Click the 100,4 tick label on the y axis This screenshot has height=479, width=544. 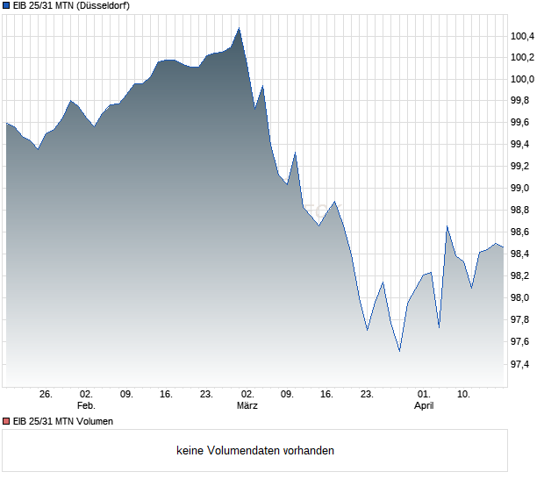(x=523, y=36)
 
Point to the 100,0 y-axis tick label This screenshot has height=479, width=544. (x=523, y=80)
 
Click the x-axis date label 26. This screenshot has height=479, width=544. (x=47, y=395)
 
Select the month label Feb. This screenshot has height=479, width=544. (x=86, y=406)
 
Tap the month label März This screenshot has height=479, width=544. (x=247, y=406)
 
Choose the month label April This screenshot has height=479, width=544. (x=424, y=406)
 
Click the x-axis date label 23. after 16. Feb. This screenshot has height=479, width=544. (x=207, y=395)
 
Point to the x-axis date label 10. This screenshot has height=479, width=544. (x=465, y=395)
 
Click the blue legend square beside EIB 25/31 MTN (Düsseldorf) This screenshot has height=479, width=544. (x=5, y=6)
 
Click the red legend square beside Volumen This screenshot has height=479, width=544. (x=5, y=421)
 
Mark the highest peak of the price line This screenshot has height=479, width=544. (x=239, y=28)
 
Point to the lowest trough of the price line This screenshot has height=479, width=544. (x=399, y=351)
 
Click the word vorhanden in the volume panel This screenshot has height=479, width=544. (x=309, y=451)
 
